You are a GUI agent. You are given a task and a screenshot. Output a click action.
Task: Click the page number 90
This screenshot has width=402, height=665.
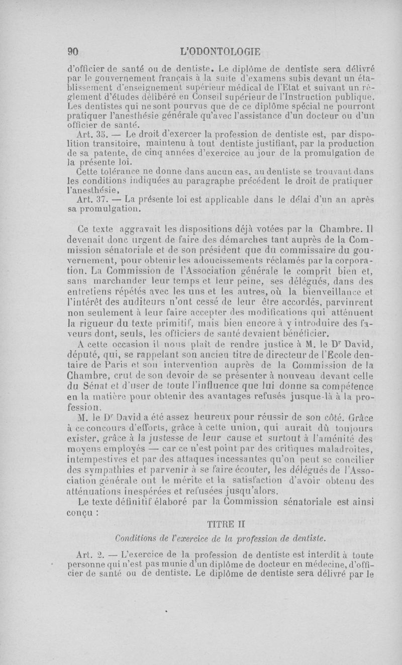74,51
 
